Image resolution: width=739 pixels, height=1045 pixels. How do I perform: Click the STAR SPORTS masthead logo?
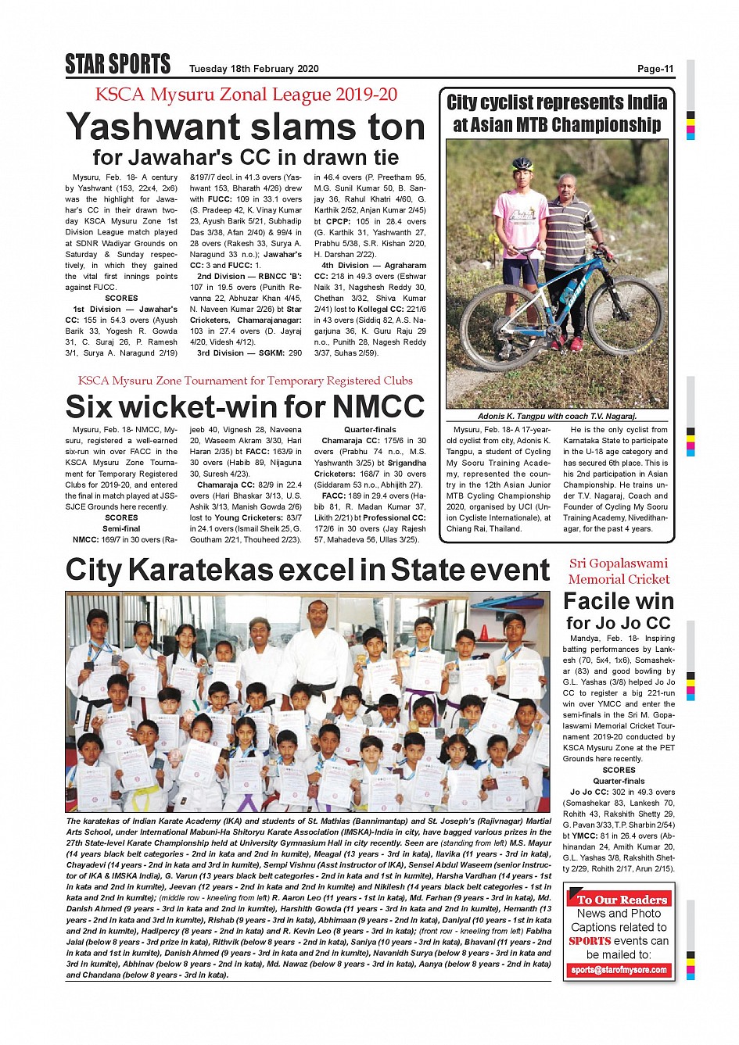[117, 64]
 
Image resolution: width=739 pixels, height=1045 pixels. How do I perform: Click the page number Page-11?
[655, 69]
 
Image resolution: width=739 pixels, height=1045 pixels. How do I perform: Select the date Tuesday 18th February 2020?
[253, 69]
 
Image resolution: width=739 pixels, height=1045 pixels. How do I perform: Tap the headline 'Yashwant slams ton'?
[246, 127]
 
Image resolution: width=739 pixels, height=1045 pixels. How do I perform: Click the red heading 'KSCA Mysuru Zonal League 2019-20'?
[246, 95]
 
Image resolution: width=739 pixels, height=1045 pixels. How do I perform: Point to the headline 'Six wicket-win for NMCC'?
[245, 406]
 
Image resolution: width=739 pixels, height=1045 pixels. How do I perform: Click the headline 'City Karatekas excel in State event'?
[307, 570]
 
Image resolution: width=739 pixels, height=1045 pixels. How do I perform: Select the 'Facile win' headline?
[619, 601]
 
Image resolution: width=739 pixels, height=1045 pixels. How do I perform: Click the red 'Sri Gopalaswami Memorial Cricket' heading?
[619, 571]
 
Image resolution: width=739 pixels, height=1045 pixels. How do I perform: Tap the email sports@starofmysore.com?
[619, 970]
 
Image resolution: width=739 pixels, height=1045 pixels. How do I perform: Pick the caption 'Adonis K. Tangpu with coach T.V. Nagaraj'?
[557, 416]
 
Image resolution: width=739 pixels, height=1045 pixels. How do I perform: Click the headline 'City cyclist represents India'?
[557, 102]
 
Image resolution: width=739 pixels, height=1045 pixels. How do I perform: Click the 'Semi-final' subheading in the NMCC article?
[121, 528]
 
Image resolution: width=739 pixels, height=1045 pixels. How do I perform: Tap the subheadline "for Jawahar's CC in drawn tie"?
[246, 157]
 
